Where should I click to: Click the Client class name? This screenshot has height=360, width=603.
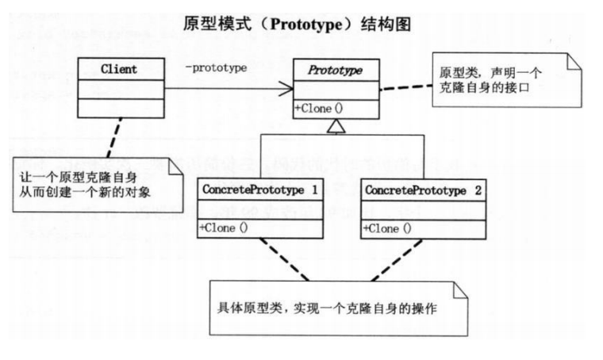pos(119,69)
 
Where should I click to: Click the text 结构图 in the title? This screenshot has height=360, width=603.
pos(388,24)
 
